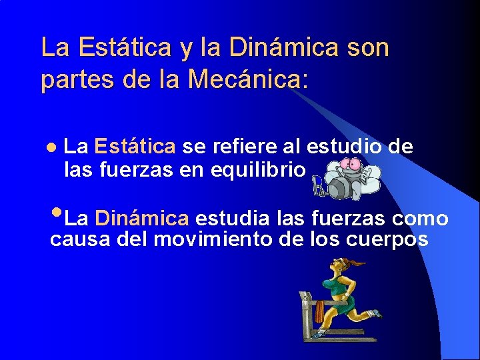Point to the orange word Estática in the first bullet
pos(135,145)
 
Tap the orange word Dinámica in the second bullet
pos(142,218)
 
